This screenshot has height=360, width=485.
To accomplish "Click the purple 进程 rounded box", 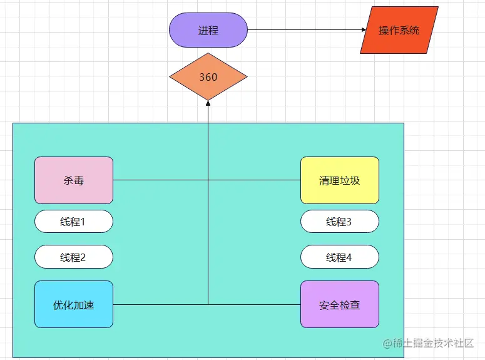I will (x=208, y=30).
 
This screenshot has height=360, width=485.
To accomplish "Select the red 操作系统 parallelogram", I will (x=399, y=30).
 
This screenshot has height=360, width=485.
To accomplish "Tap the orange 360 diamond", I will (x=208, y=77).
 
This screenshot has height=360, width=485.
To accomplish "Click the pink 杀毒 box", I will (x=74, y=180).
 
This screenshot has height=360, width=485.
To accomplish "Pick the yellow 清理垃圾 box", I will (x=340, y=180).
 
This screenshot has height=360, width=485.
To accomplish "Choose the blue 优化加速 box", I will (x=74, y=304).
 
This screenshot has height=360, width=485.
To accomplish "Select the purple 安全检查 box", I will (x=340, y=304).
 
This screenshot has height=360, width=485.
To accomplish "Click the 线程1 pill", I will (x=74, y=222).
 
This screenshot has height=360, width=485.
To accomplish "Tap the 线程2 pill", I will (x=74, y=257).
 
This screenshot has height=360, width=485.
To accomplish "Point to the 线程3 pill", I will (x=340, y=222).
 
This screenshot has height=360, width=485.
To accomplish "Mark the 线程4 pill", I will (x=340, y=257).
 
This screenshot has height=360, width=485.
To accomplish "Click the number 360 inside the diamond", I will (x=208, y=77).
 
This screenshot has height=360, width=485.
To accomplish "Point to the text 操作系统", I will (x=399, y=30).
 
